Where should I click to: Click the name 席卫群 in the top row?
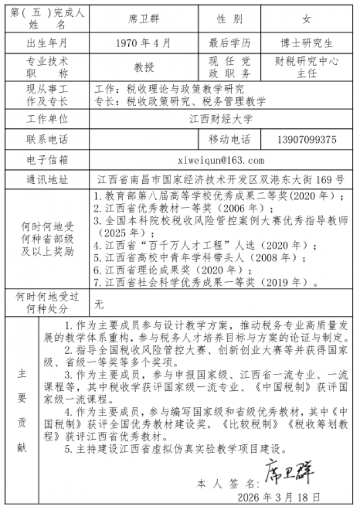tap(144, 19)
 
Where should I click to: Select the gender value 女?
tap(307, 19)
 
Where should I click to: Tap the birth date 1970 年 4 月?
tap(143, 43)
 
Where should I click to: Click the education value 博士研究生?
tap(307, 43)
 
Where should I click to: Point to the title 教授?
tap(143, 67)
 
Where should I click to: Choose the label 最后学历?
tap(229, 43)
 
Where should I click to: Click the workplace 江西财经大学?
tap(220, 119)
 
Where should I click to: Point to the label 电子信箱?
tap(47, 160)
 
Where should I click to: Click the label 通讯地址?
tap(47, 180)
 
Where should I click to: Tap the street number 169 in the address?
tap(321, 180)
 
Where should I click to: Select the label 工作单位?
tap(47, 119)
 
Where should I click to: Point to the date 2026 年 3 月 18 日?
tap(279, 498)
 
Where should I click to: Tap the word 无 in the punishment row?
tap(100, 305)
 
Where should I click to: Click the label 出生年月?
tap(47, 43)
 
